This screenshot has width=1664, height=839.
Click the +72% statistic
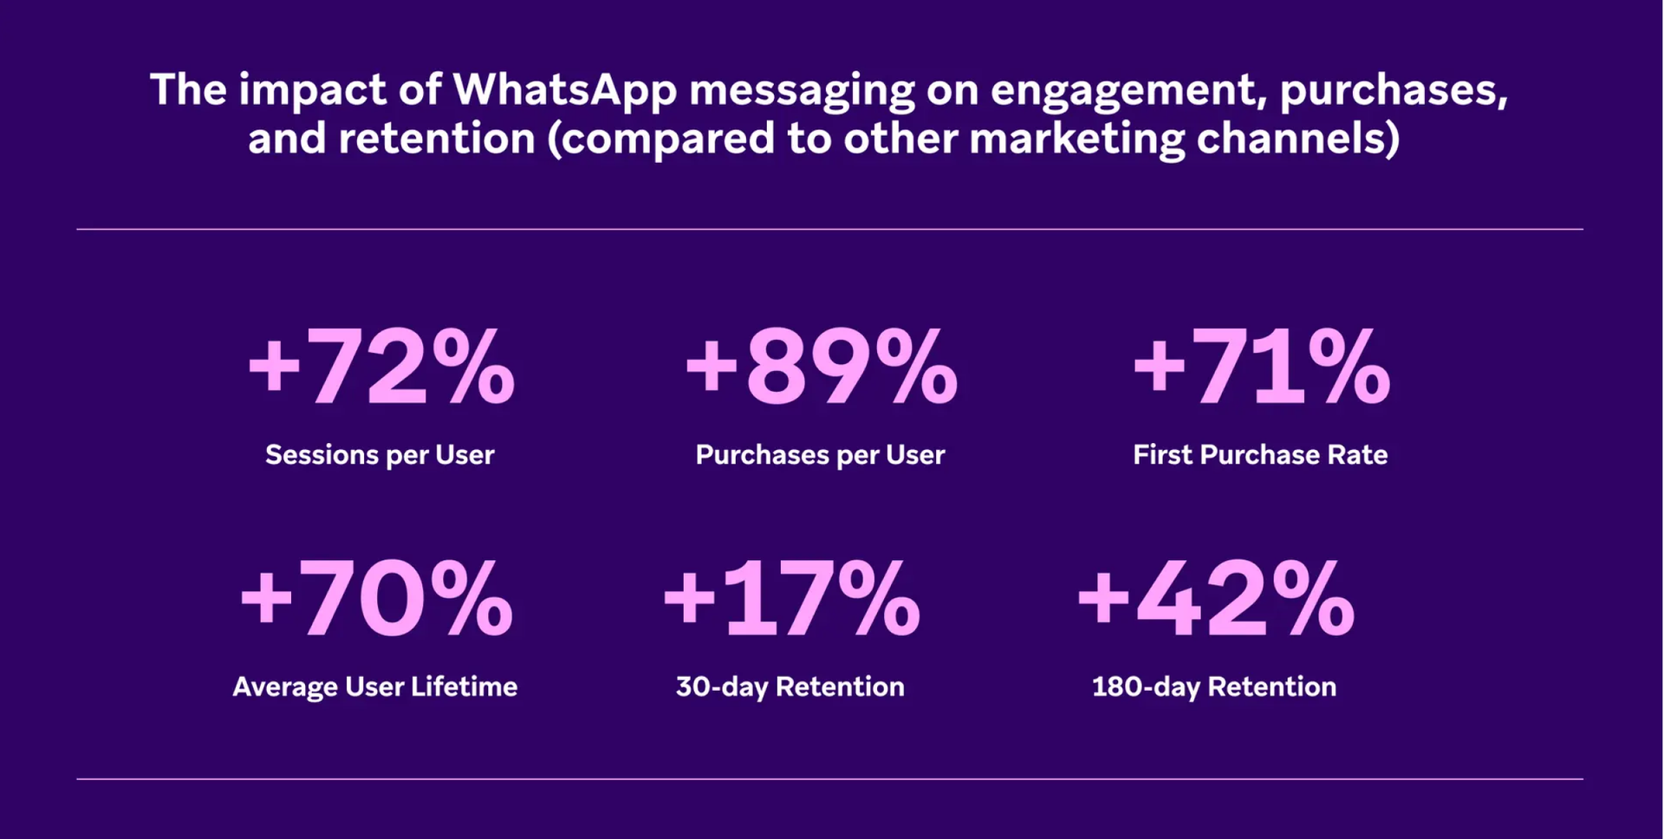(381, 367)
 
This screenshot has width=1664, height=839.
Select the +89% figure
(821, 367)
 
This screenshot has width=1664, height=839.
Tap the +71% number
(1261, 367)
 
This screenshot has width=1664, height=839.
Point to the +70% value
(376, 600)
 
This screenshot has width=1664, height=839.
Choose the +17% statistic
(790, 600)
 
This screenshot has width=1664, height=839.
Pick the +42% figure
(1214, 600)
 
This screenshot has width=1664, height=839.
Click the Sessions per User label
(380, 455)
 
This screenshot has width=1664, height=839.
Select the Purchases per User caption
(820, 455)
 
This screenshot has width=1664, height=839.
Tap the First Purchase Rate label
(1260, 455)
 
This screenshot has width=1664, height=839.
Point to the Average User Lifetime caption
(374, 687)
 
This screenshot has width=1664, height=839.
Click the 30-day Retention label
(790, 687)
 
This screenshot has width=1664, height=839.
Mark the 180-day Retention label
(1213, 687)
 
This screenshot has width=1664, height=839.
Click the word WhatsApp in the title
(564, 90)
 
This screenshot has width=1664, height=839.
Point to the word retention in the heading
(437, 139)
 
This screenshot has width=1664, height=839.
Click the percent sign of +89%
(916, 367)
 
